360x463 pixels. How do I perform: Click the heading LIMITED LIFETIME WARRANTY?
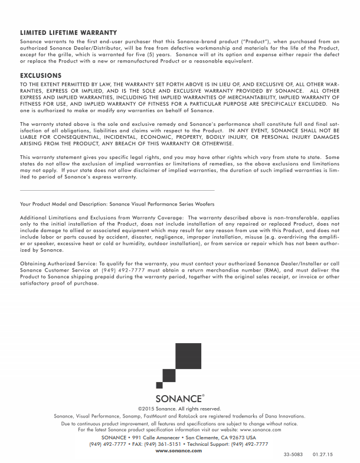click(x=68, y=32)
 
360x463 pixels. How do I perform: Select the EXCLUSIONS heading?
click(x=41, y=76)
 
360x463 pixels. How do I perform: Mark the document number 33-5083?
click(x=291, y=454)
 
